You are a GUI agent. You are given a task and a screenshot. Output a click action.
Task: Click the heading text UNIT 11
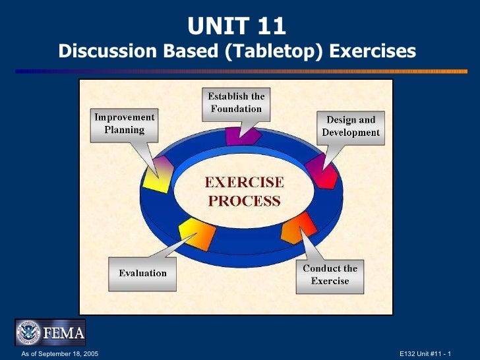point(237,26)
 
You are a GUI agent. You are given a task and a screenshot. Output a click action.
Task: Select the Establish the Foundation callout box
point(236,103)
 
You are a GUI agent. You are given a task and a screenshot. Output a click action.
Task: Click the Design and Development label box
point(351,126)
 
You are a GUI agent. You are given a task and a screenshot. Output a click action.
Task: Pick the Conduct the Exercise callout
point(330,274)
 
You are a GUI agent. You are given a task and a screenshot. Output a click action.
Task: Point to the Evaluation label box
point(142,274)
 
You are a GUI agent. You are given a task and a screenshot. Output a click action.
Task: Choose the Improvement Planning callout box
point(125,123)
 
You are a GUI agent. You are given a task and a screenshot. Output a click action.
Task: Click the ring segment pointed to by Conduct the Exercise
point(299,228)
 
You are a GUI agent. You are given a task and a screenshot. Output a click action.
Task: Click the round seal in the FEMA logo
point(29,332)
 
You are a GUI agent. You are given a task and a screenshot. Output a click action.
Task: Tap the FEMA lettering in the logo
point(63,333)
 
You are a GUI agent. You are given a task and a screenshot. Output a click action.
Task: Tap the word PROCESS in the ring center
point(244,200)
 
